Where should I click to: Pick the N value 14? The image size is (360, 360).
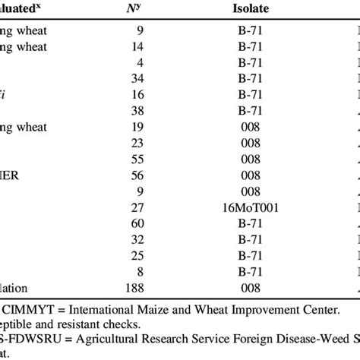[x=137, y=46]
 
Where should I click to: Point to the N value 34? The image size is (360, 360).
[x=137, y=78]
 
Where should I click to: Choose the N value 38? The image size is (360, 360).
[x=137, y=111]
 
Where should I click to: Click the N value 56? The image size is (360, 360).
[x=137, y=177]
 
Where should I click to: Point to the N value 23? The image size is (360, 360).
[x=137, y=144]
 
